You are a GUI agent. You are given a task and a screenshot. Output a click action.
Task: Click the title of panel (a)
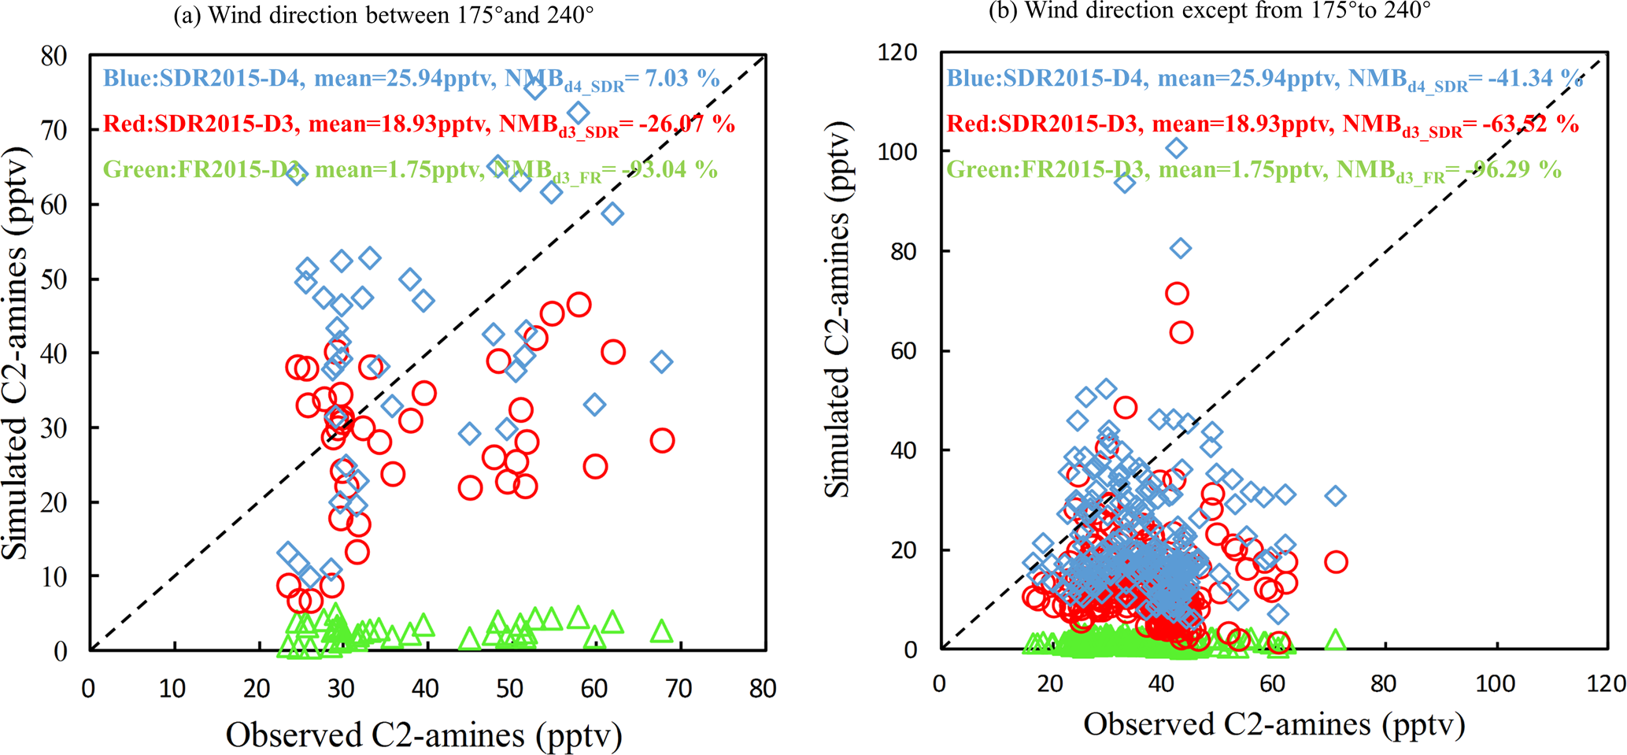383,16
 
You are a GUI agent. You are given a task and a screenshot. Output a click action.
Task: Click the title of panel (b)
1209,11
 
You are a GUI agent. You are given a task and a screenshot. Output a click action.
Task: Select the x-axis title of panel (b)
1274,724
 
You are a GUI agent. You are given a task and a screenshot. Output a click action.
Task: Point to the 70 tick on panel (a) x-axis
679,689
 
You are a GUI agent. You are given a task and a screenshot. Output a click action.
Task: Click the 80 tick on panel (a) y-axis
54,56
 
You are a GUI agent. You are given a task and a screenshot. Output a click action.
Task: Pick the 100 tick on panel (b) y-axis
897,151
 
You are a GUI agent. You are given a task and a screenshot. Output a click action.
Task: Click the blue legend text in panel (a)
411,79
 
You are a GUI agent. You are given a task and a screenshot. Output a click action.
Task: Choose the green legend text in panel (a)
410,170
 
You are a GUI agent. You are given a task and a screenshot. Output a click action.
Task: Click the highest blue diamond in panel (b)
1176,148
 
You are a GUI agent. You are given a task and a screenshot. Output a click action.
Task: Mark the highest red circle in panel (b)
1177,294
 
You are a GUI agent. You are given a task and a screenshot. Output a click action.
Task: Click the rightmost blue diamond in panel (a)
661,362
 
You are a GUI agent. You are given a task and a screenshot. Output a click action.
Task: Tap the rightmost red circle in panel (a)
662,441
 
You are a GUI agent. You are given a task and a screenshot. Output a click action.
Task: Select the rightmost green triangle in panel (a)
661,632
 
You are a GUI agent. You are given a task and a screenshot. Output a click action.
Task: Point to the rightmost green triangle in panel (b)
1336,641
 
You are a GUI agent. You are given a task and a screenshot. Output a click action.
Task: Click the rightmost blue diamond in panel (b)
1336,496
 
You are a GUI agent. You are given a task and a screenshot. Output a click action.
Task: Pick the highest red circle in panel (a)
579,305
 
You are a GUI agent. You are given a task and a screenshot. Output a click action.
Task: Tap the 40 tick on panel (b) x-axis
1161,683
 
